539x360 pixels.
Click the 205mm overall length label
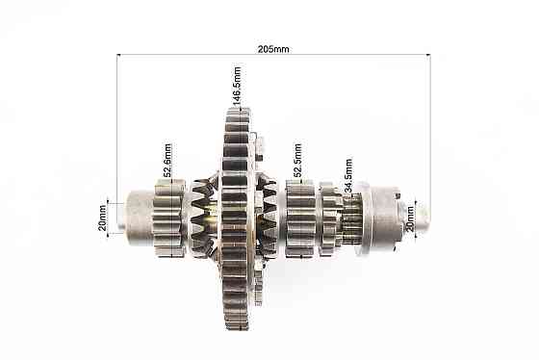273,49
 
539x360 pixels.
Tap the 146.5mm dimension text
237,86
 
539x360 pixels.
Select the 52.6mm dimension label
167,160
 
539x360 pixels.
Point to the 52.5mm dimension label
297,160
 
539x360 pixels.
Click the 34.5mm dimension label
348,175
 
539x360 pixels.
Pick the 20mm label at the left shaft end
102,218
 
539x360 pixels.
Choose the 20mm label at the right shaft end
410,219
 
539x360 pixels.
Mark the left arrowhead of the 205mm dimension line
119,54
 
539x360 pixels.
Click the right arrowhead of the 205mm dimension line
428,54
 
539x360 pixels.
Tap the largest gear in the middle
236,219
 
